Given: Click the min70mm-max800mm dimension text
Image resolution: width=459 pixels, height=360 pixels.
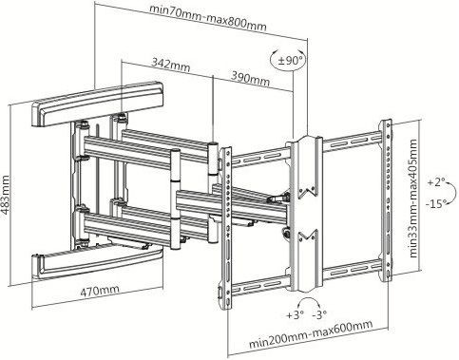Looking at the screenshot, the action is point(208,17).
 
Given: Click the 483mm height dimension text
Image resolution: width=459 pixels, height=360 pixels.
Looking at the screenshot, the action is point(6,195).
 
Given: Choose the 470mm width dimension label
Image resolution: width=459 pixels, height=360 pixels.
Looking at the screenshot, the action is point(100,290).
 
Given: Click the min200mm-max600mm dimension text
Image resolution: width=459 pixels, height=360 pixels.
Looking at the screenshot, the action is point(311,334).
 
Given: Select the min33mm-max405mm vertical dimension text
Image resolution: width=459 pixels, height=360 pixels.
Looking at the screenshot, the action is point(413,199).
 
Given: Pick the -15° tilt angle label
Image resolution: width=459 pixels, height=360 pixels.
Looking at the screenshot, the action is point(436,203).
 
